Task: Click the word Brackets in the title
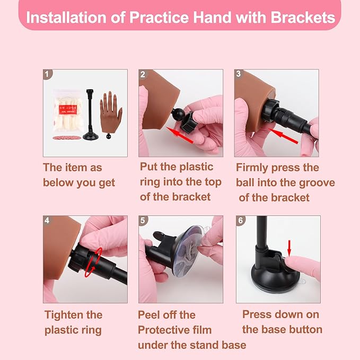click(x=303, y=17)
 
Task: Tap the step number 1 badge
click(x=48, y=74)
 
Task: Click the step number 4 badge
click(x=48, y=220)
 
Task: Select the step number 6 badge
click(x=241, y=221)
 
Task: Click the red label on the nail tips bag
click(x=67, y=110)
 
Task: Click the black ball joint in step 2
click(x=178, y=114)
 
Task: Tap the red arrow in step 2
click(x=180, y=135)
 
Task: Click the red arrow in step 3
click(x=283, y=136)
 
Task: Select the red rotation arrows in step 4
click(x=93, y=262)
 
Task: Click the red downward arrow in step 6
click(x=289, y=248)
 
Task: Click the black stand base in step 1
click(x=91, y=136)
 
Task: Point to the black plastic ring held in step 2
click(x=188, y=122)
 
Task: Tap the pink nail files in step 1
click(x=67, y=138)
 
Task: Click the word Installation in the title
click(x=67, y=17)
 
